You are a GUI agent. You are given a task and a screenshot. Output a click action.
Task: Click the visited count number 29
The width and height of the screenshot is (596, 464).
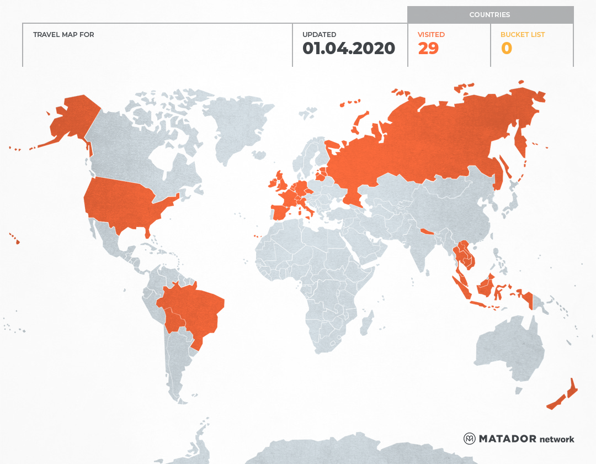click(x=428, y=49)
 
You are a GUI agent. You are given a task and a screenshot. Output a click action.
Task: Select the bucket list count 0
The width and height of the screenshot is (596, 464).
click(x=506, y=49)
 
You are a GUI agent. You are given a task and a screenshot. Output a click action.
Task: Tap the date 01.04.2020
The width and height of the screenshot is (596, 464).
click(x=349, y=49)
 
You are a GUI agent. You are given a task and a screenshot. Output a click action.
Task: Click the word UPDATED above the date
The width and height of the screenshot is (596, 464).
click(x=319, y=35)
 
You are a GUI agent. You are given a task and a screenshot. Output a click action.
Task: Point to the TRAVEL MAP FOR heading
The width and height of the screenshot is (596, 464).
click(x=63, y=35)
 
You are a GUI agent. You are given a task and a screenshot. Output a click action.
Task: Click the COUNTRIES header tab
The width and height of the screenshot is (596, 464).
click(x=489, y=15)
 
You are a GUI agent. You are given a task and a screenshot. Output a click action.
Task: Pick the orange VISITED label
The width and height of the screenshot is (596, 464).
click(x=431, y=35)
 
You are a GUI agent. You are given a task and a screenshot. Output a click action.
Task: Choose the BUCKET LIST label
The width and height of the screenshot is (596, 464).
click(x=522, y=35)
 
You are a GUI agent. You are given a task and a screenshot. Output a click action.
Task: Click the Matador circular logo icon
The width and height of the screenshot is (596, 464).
click(x=470, y=439)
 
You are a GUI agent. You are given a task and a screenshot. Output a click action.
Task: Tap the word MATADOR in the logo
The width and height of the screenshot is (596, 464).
click(x=507, y=439)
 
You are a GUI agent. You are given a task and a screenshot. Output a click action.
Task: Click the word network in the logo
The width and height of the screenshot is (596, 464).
click(x=557, y=439)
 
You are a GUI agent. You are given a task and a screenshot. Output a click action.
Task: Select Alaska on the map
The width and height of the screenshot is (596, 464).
click(x=72, y=119)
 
